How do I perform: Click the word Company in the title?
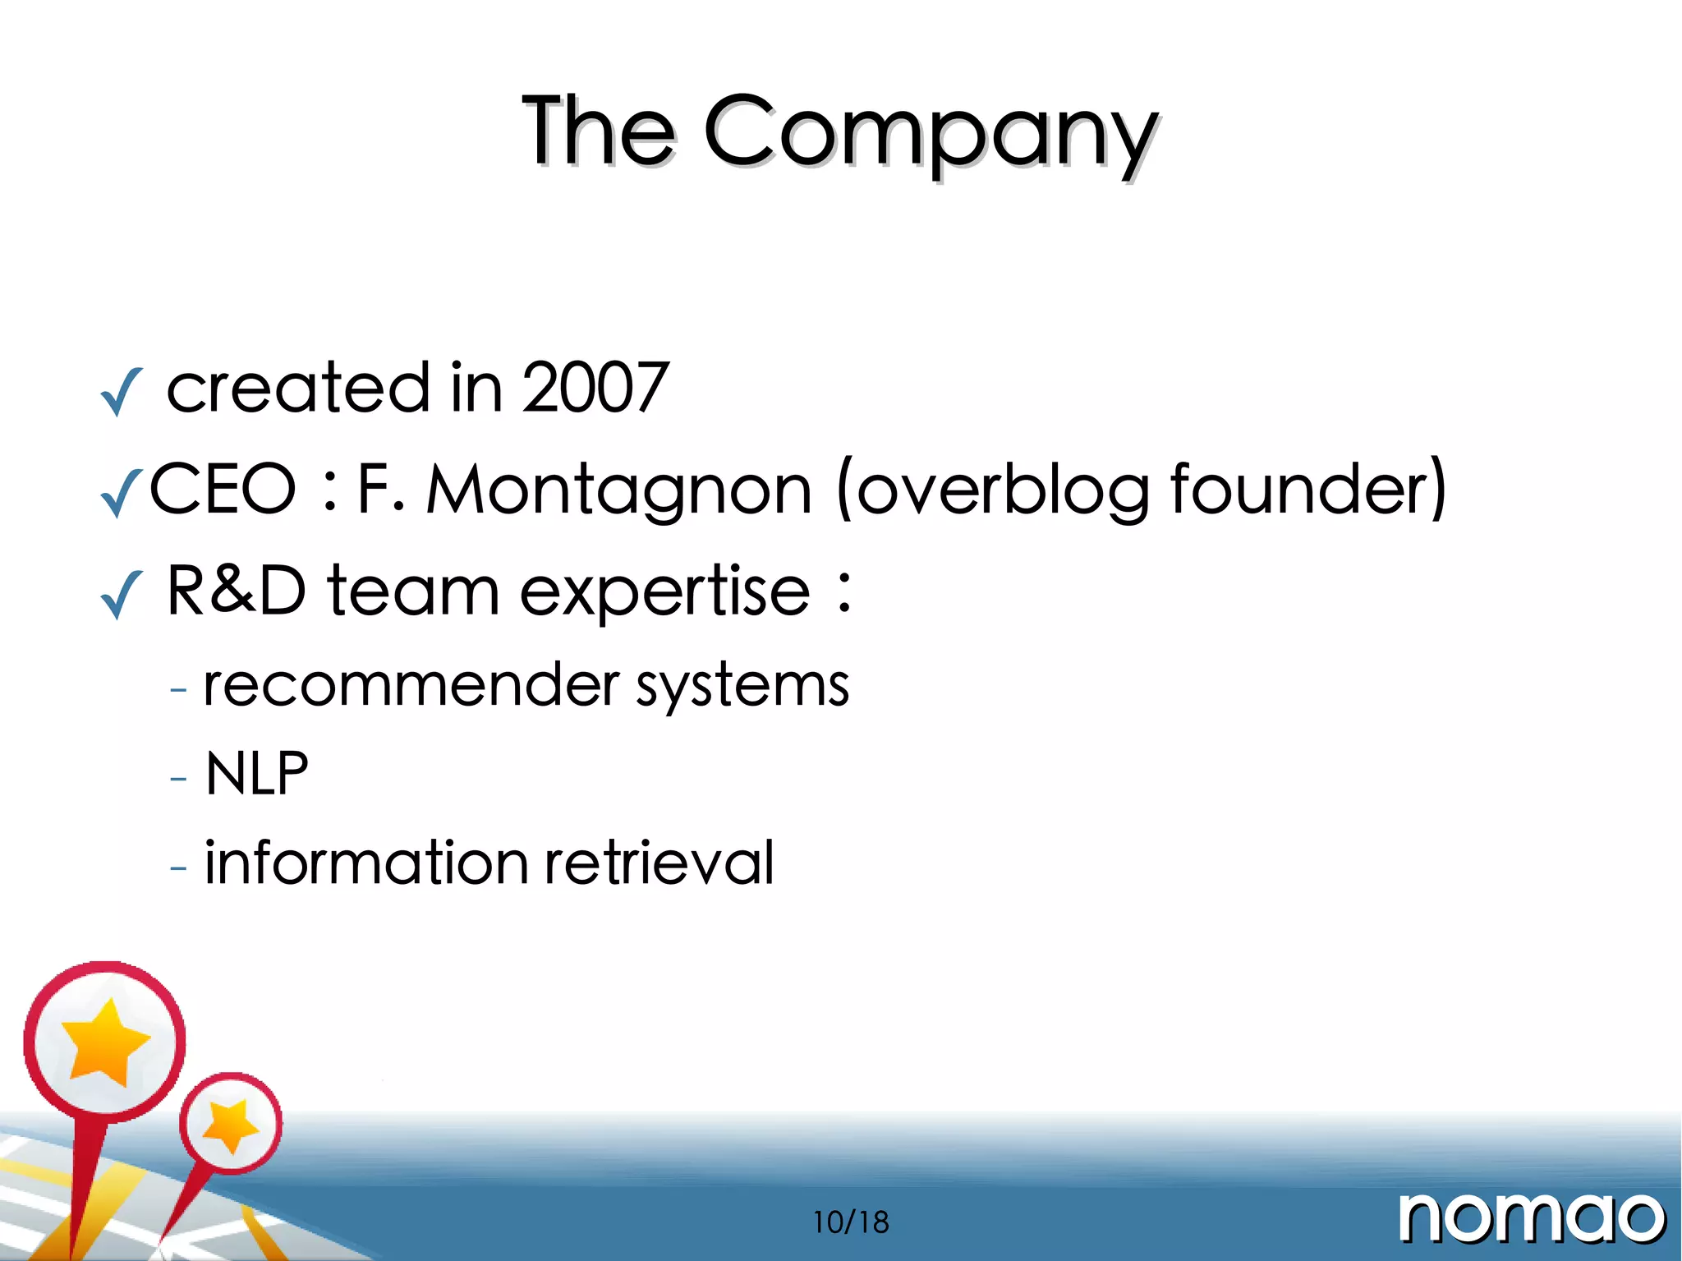point(931,134)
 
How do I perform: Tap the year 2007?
point(595,387)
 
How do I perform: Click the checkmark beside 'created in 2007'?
point(121,392)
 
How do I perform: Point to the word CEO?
point(223,489)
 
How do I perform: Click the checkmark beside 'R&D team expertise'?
point(121,594)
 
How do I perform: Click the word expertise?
point(665,592)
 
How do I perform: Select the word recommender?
point(411,684)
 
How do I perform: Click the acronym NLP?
point(257,774)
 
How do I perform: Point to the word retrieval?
point(659,863)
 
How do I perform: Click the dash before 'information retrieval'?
point(178,866)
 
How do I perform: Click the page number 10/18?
point(851,1222)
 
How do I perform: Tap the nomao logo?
point(1532,1218)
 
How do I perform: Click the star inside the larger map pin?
point(104,1041)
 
